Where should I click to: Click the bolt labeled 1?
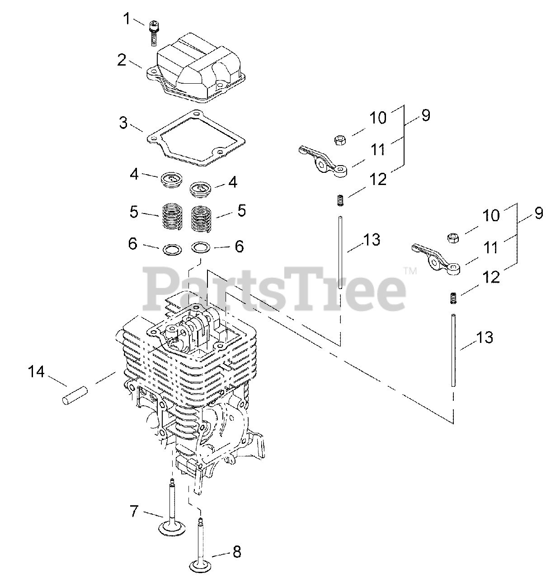153,31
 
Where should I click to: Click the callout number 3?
123,123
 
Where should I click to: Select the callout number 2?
122,60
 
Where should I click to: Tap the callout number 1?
127,19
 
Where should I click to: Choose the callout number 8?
236,552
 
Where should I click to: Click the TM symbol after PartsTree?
409,271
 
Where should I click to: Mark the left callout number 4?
134,174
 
